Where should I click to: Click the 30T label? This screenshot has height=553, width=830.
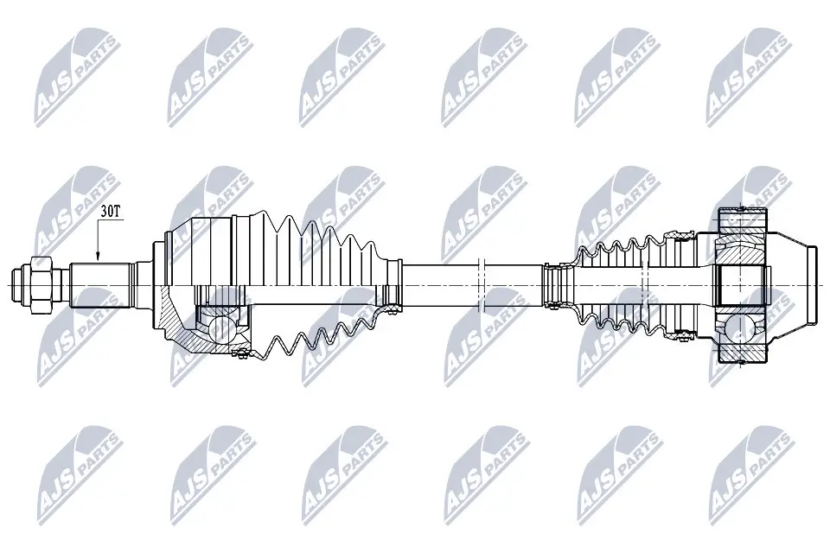(111, 210)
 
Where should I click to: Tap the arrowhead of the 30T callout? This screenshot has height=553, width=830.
(98, 257)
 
